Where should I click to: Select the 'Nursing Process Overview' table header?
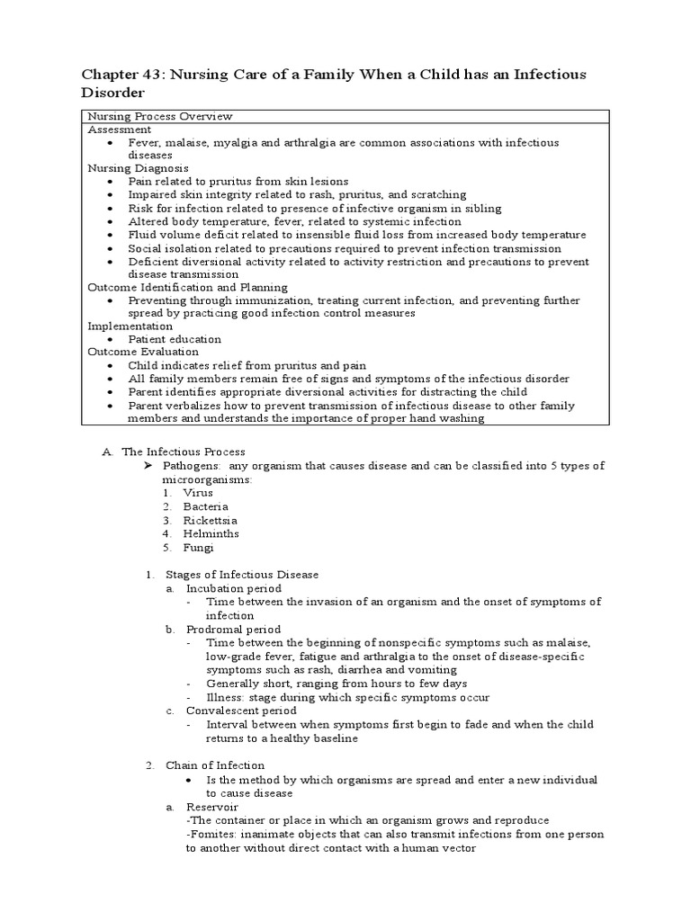pyautogui.click(x=159, y=116)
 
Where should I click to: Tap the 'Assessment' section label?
pyautogui.click(x=119, y=130)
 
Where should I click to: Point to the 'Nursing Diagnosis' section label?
pyautogui.click(x=138, y=168)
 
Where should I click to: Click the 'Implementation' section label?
pyautogui.click(x=130, y=326)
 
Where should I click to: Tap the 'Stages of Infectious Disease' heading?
pyautogui.click(x=241, y=574)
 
